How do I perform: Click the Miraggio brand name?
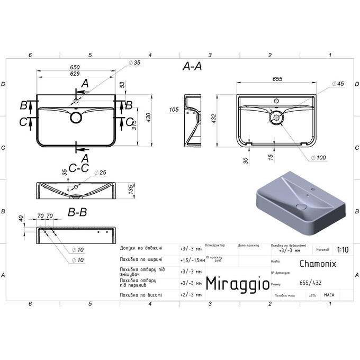pyautogui.click(x=237, y=284)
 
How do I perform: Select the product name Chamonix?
pyautogui.click(x=317, y=263)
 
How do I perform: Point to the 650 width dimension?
pyautogui.click(x=75, y=67)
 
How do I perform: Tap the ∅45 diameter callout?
pyautogui.click(x=338, y=84)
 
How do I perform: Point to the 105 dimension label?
pyautogui.click(x=174, y=110)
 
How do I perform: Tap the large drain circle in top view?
pyautogui.click(x=76, y=118)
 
